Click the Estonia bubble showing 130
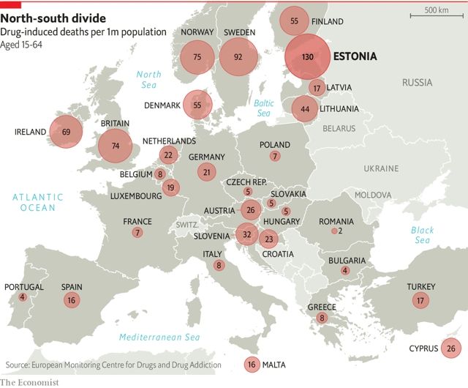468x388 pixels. (308, 57)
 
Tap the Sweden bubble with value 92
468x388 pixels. (237, 56)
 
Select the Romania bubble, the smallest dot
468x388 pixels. (334, 231)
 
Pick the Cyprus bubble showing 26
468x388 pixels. (450, 348)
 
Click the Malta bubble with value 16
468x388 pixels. (252, 364)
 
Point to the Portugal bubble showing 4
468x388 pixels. (23, 296)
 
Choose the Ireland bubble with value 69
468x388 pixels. (66, 132)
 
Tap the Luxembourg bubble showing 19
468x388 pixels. (170, 187)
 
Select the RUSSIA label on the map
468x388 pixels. (418, 83)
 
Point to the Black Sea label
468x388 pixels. (422, 235)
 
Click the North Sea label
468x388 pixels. (148, 79)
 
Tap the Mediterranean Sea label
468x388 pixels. (160, 337)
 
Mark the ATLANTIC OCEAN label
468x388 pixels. (37, 203)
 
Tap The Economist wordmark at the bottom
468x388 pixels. (29, 382)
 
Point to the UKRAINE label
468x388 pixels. (381, 168)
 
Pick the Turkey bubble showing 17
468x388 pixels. (420, 299)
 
